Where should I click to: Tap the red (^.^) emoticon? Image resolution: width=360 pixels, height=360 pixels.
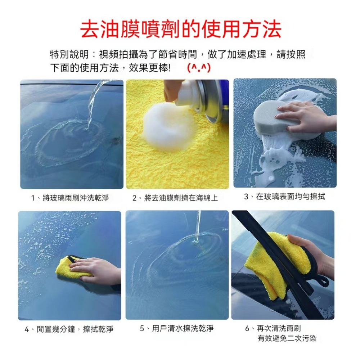tap(199, 68)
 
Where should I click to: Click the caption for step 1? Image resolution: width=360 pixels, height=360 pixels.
tap(70, 198)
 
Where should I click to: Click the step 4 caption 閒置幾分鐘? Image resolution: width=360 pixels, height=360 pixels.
tap(56, 329)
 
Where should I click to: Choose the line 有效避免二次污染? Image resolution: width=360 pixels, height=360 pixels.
tap(287, 338)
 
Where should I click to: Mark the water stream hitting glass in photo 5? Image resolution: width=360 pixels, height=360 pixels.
tap(197, 227)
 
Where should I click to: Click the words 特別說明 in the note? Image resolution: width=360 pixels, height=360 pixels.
tap(69, 54)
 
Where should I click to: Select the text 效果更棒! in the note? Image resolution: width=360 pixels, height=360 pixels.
tap(149, 68)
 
